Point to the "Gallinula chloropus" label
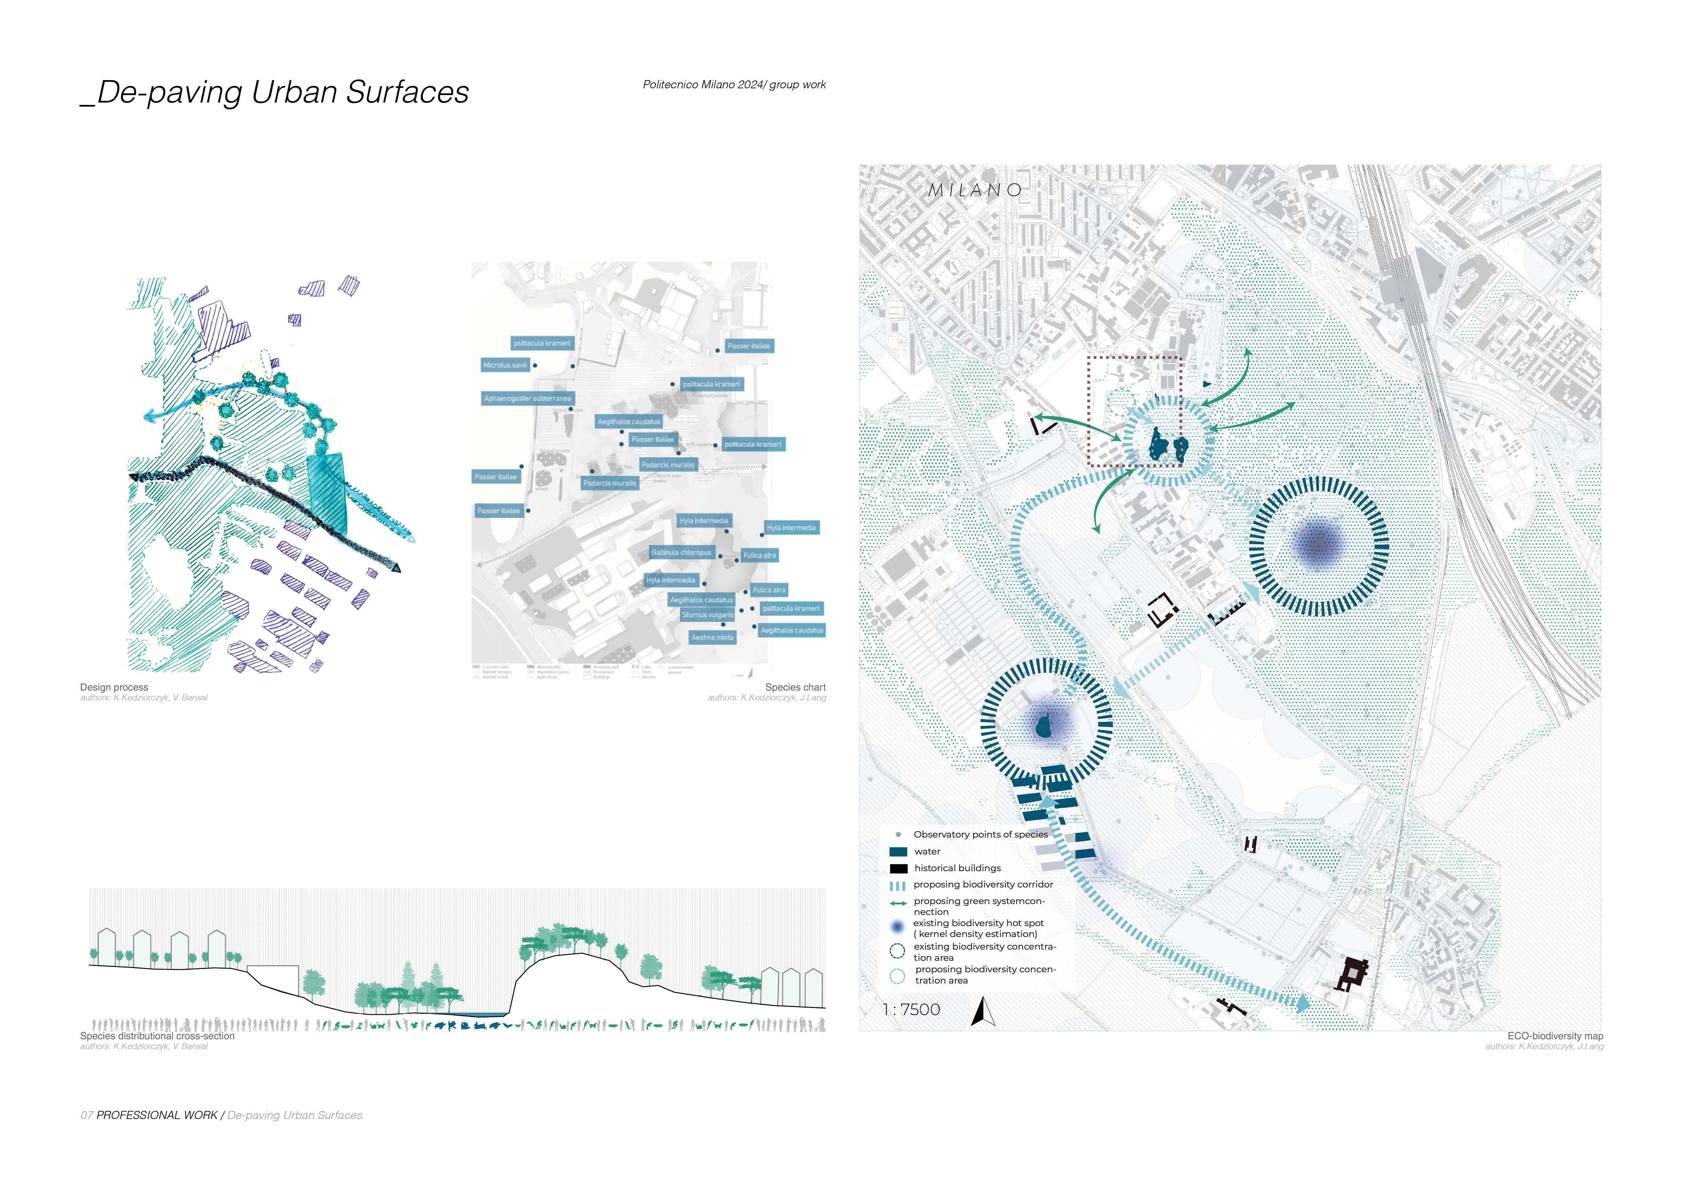pyautogui.click(x=681, y=552)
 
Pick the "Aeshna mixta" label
pyautogui.click(x=712, y=637)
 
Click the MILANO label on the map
pyautogui.click(x=975, y=190)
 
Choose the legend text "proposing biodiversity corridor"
pyautogui.click(x=983, y=884)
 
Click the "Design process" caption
pyautogui.click(x=114, y=687)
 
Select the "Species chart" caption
pyautogui.click(x=795, y=687)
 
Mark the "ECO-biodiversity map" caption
pyautogui.click(x=1555, y=1036)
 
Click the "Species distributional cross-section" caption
pyautogui.click(x=157, y=1036)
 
